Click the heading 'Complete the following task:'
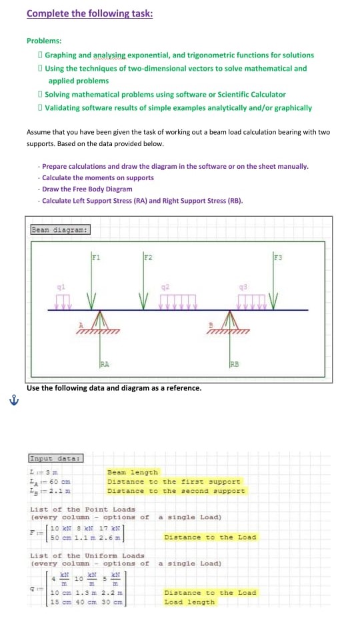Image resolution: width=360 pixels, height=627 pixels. click(89, 13)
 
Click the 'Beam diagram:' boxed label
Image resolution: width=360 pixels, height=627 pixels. click(61, 230)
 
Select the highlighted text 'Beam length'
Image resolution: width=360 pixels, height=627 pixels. click(133, 472)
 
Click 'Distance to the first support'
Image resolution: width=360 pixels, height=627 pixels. click(174, 482)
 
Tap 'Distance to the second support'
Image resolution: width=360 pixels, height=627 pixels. click(176, 491)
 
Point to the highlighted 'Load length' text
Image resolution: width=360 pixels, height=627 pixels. click(189, 602)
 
